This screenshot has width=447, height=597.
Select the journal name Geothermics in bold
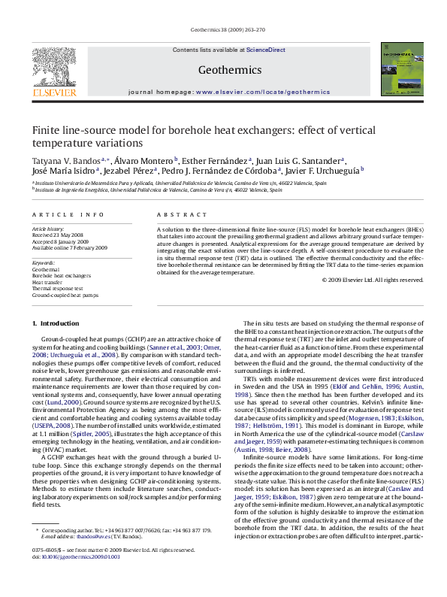click(223, 71)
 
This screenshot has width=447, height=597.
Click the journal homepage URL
click(262, 92)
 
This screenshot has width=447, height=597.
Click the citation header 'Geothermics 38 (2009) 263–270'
click(223, 30)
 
